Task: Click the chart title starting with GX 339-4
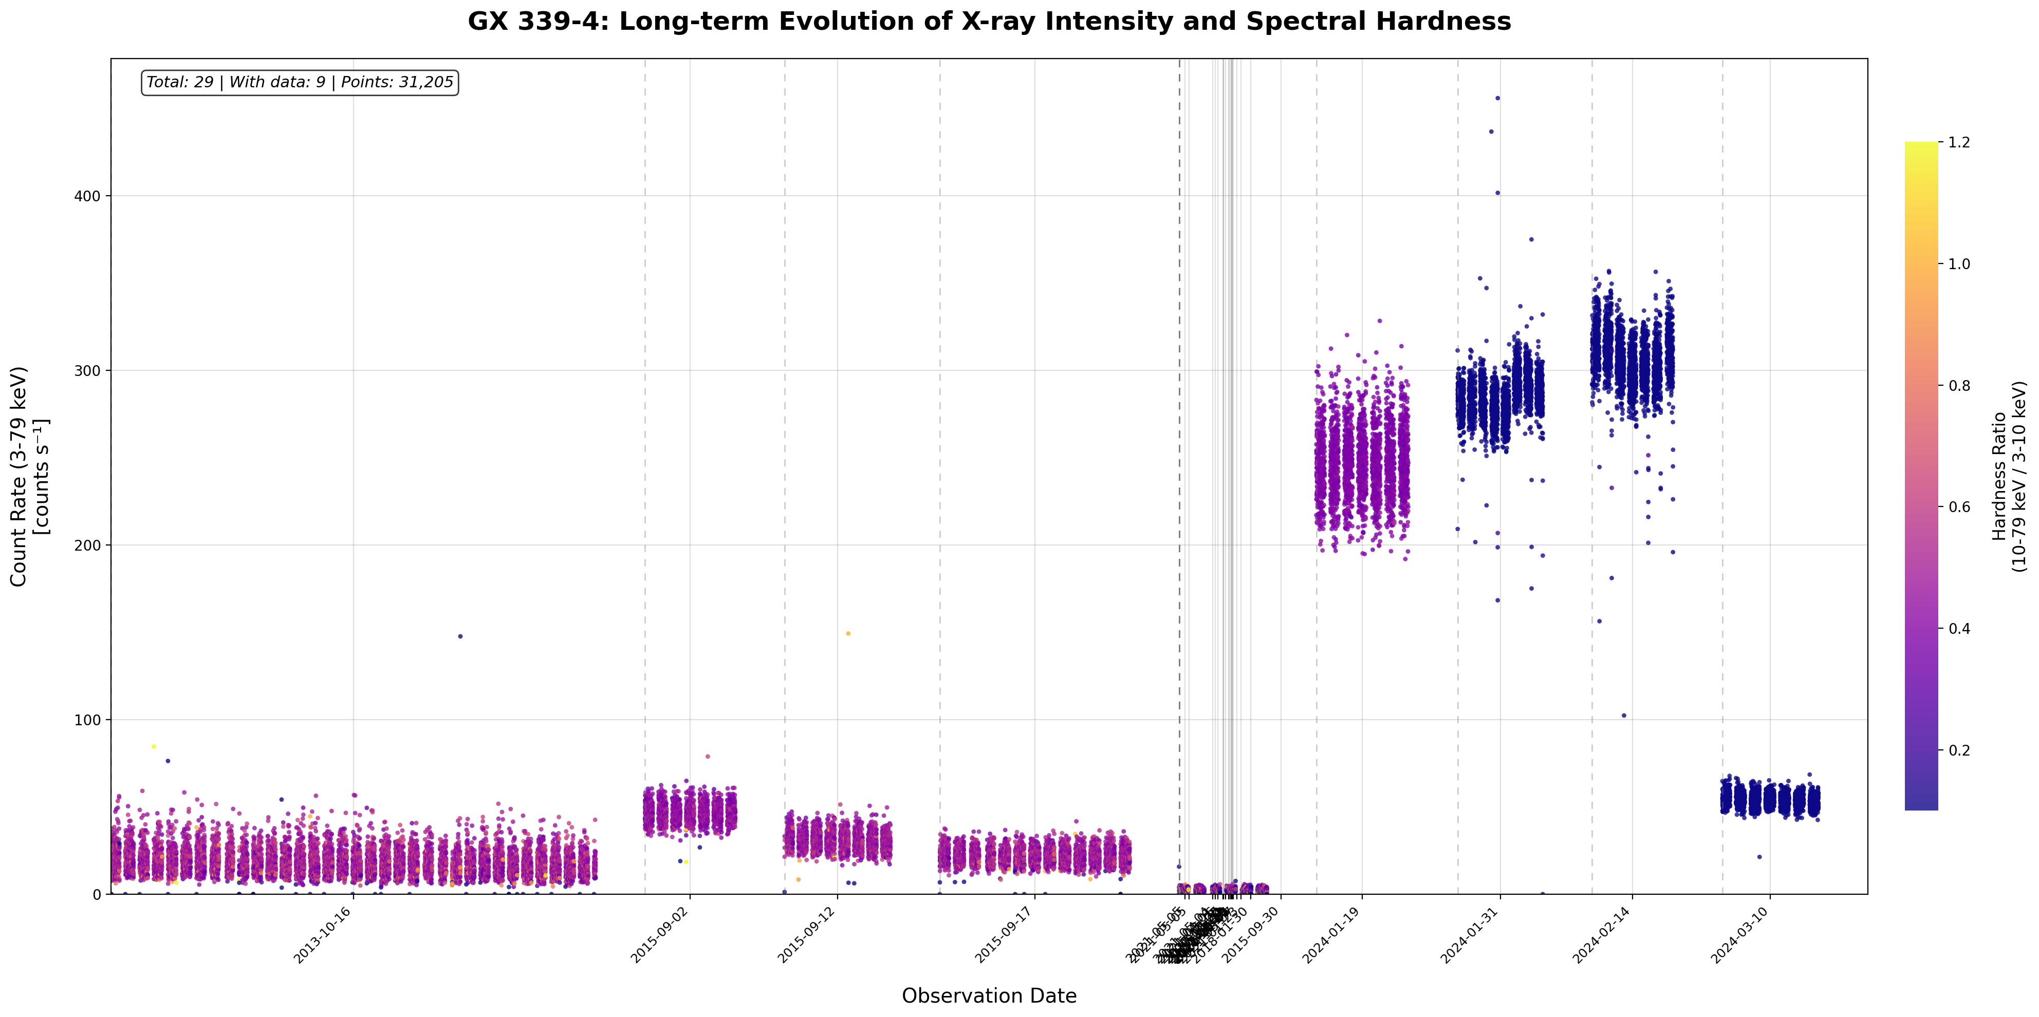pos(989,22)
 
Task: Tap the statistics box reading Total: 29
pos(300,82)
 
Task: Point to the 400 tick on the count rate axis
pos(92,196)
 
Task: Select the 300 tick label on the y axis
pos(92,370)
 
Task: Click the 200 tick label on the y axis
pos(92,545)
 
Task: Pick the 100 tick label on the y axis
pos(92,720)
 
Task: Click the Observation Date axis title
pos(989,995)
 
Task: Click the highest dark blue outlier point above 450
pos(1497,98)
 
